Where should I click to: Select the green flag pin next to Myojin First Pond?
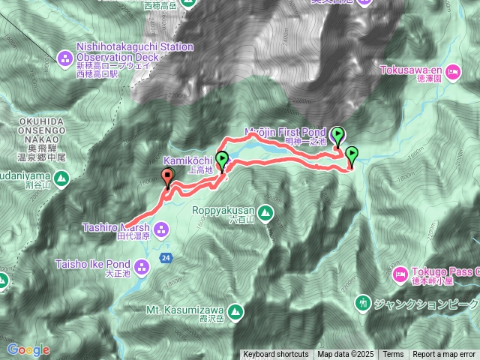pos(338,136)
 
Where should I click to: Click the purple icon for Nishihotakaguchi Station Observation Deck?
pos(64,57)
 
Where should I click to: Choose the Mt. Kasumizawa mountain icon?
pos(235,310)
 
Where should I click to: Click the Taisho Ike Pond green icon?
pos(143,265)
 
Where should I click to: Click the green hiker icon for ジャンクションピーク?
pos(363,303)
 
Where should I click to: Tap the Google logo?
pos(28,349)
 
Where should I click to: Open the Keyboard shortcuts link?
pos(275,355)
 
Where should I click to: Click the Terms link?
pos(393,355)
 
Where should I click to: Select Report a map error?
pos(444,355)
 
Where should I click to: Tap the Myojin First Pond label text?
pos(286,132)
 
